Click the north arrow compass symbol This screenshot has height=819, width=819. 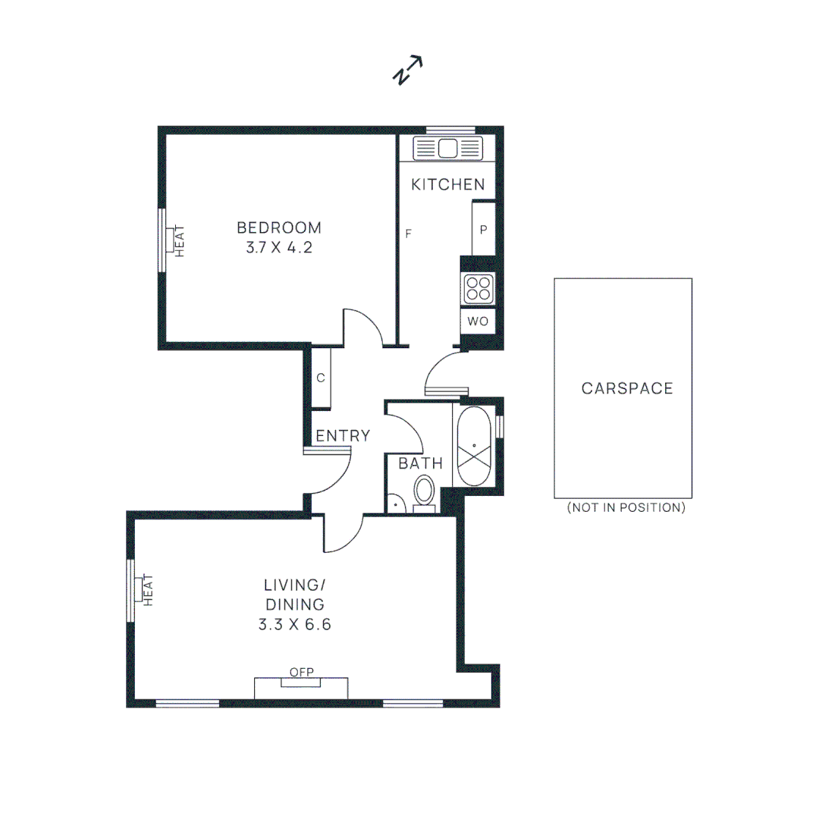click(407, 71)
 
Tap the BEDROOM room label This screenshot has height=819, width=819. click(279, 227)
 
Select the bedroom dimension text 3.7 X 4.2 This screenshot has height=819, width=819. click(279, 248)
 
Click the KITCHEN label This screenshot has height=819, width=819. click(447, 184)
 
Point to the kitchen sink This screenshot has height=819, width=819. click(447, 148)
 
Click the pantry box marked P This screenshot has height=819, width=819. click(483, 229)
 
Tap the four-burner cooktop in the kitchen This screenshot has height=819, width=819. click(478, 288)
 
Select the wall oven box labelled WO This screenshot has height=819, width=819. click(478, 322)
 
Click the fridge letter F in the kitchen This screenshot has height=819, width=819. click(408, 234)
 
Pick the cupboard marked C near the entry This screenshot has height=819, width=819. click(321, 378)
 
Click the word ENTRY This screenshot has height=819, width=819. click(343, 436)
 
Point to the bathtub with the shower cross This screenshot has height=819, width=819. click(474, 445)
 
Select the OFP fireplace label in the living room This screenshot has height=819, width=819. click(301, 672)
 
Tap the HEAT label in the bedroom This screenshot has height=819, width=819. click(180, 240)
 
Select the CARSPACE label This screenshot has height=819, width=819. click(627, 388)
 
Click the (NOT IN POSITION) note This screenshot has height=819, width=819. click(626, 508)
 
